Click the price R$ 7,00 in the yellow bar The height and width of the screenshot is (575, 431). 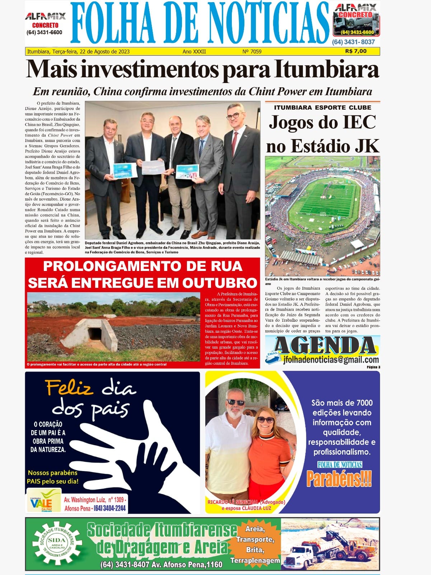pyautogui.click(x=356, y=51)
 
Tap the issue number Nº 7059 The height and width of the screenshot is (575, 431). pyautogui.click(x=252, y=51)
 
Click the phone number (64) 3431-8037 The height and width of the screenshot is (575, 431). pyautogui.click(x=353, y=42)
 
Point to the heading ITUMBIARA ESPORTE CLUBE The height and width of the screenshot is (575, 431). pyautogui.click(x=323, y=107)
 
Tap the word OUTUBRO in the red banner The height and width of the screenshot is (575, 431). pyautogui.click(x=220, y=282)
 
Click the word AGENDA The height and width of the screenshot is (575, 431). pyautogui.click(x=325, y=345)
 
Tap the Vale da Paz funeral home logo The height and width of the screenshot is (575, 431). pyautogui.click(x=44, y=500)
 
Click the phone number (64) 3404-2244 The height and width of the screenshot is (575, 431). pyautogui.click(x=109, y=508)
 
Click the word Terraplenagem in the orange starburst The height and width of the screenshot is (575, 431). pyautogui.click(x=255, y=561)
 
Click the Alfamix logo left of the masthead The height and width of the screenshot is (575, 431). pyautogui.click(x=45, y=17)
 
